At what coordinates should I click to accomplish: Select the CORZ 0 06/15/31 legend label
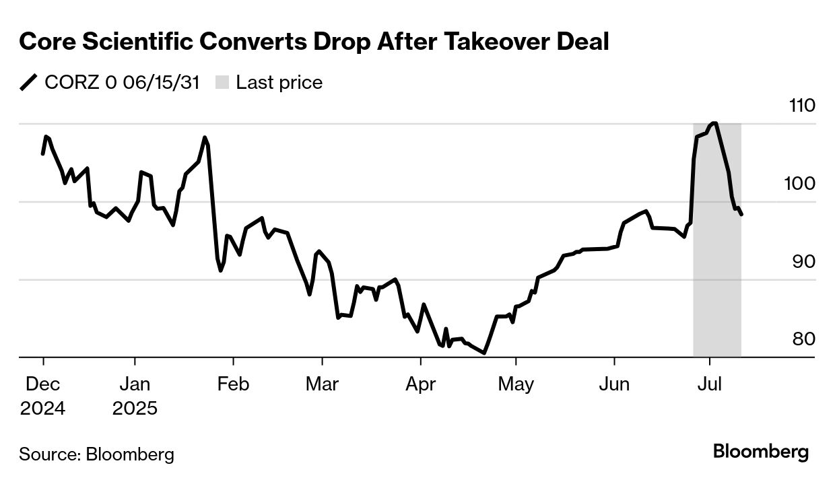pos(122,83)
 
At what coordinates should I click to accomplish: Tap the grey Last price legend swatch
pos(222,83)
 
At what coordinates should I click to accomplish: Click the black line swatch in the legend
pos(29,83)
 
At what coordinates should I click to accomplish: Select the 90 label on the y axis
pos(803,262)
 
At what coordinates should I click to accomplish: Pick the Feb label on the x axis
pos(233,384)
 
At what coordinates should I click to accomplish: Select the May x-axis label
pos(516,384)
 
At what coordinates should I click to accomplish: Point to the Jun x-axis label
pos(614,384)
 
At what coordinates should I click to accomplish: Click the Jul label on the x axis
pos(709,384)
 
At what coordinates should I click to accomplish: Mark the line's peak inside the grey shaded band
pos(714,123)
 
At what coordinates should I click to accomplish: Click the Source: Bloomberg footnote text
pos(96,454)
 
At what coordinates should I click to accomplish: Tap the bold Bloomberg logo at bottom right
pos(761,452)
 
